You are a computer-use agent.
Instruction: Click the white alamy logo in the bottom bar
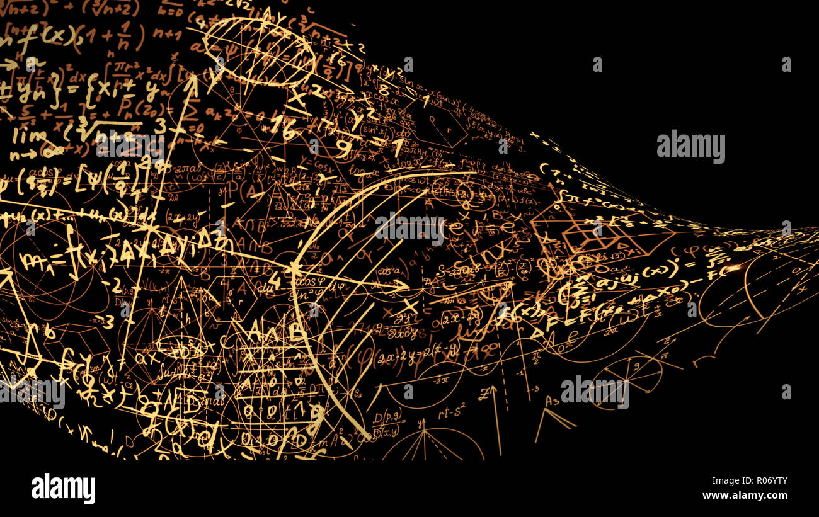pyautogui.click(x=63, y=489)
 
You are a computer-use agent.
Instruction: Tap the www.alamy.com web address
pyautogui.click(x=745, y=496)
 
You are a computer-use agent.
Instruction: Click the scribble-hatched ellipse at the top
pyautogui.click(x=259, y=50)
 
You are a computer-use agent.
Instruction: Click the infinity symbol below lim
pyautogui.click(x=52, y=152)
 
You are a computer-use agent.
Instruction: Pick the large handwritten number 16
pyautogui.click(x=283, y=128)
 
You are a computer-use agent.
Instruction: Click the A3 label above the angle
pyautogui.click(x=553, y=401)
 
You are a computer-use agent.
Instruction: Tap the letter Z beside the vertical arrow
pyautogui.click(x=484, y=394)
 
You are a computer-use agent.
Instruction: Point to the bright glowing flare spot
pyautogui.click(x=734, y=269)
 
